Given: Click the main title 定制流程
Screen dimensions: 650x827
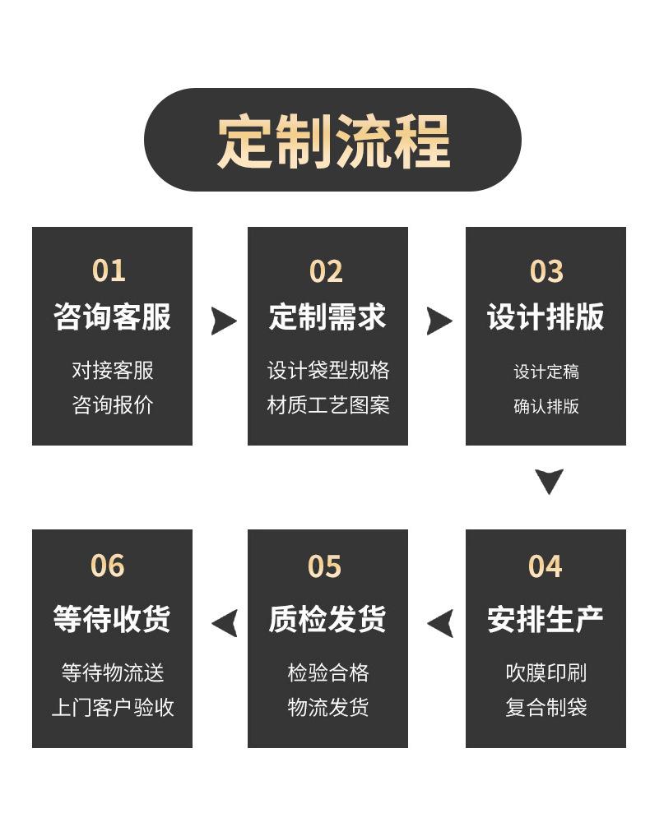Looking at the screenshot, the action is pos(333,141).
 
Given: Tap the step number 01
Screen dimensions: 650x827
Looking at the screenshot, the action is pos(109,270).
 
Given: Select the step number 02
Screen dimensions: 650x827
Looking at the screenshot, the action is pos(326,271).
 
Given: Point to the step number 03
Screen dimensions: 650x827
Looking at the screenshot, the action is pos(546,271).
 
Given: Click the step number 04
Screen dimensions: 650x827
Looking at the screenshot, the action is pos(546,566).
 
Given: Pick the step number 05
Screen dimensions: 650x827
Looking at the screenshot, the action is pos(325,566).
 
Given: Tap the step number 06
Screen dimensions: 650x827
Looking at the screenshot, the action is pos(108,566).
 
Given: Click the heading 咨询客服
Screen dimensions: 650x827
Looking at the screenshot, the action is pos(113,316).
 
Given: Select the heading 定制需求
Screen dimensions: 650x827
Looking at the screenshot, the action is pos(327,316).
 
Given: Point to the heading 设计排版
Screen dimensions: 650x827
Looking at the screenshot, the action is pos(546,316).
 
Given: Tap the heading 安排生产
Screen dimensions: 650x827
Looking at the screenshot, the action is pos(546,619).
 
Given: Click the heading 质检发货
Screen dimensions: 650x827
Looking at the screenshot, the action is pos(327,619).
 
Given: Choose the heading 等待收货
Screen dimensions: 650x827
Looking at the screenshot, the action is pos(112,619).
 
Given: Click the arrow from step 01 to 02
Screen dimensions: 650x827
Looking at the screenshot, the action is pos(223,321).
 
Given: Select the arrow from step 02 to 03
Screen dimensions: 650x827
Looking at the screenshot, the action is pos(439,321).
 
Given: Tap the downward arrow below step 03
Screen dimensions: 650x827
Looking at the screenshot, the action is pos(549,480).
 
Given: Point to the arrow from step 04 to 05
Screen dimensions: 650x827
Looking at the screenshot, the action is pos(441,623).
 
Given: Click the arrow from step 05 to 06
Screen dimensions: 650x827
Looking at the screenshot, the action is pos(225,623).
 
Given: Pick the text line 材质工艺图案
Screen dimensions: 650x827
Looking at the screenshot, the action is pos(328,405).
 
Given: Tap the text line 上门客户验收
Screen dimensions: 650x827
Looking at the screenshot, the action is pos(113,707).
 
